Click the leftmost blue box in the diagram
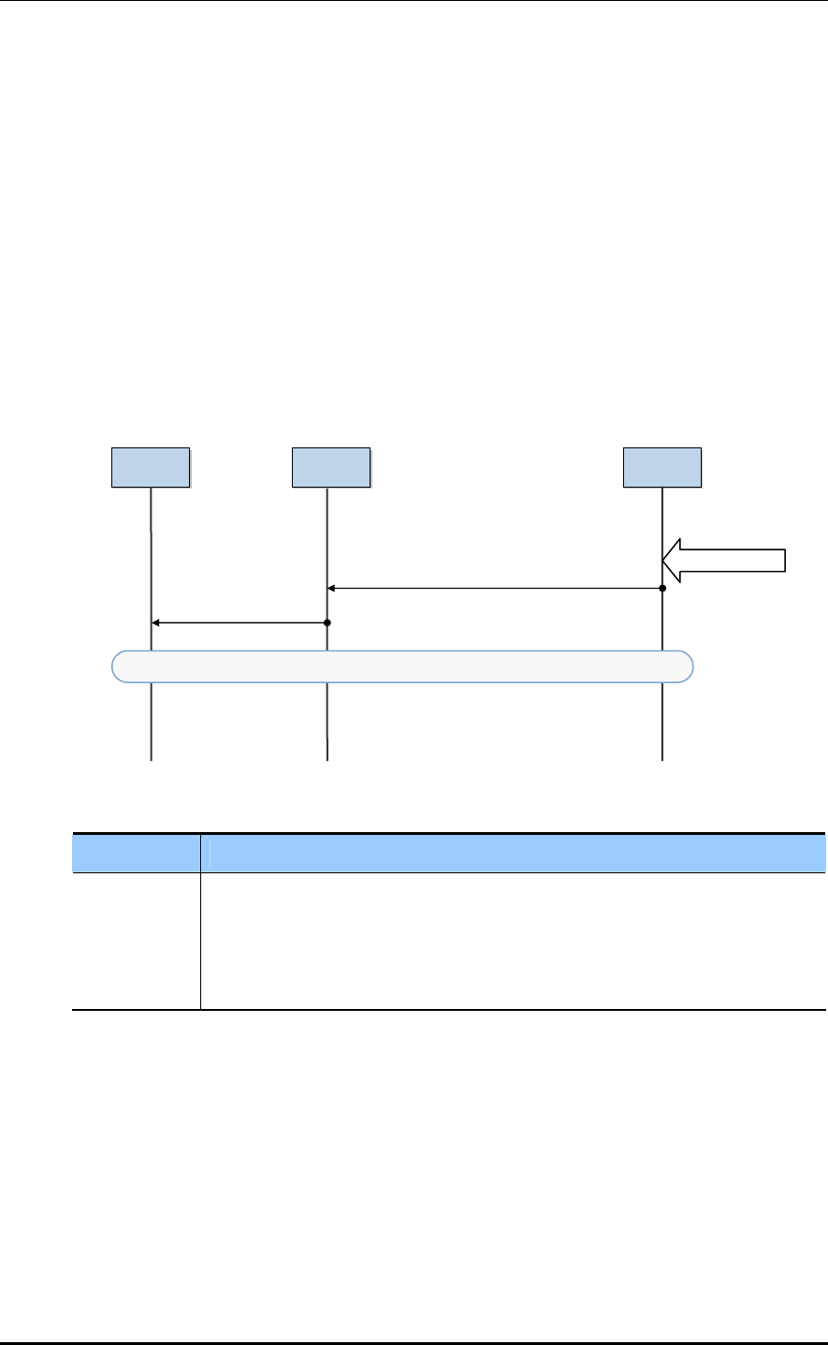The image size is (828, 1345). coord(151,467)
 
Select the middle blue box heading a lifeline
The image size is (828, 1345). coord(330,467)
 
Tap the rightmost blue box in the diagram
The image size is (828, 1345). coord(662,467)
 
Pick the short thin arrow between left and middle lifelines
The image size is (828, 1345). coord(239,622)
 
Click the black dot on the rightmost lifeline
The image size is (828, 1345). coord(662,589)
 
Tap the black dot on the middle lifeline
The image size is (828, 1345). coord(327,622)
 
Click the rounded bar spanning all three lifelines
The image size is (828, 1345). coord(402,665)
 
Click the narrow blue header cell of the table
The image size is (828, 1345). coord(137,853)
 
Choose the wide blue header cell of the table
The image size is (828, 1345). coord(514,853)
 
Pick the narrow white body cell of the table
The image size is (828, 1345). coord(137,941)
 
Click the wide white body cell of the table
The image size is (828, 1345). coord(514,941)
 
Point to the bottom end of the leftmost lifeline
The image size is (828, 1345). coord(151,758)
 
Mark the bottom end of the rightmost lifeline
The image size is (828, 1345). coord(662,758)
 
